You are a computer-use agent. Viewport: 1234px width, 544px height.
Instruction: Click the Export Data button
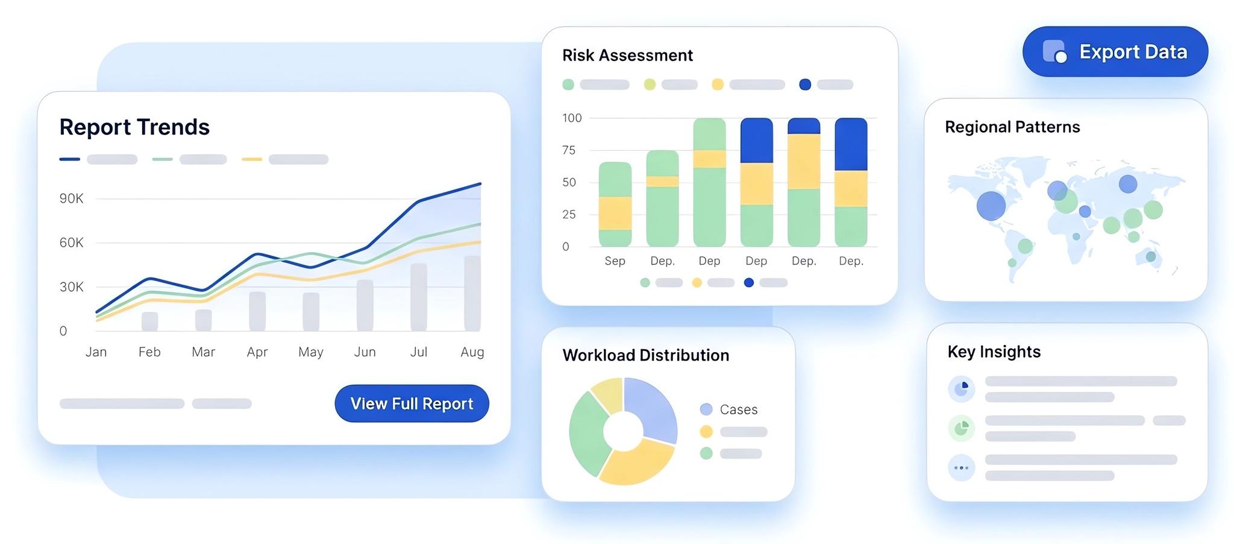tap(1115, 52)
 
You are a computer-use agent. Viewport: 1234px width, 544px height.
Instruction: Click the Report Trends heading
tap(134, 127)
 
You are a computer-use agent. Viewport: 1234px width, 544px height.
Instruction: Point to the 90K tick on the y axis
tap(71, 198)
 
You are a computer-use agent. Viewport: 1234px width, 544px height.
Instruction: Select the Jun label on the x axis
tap(365, 352)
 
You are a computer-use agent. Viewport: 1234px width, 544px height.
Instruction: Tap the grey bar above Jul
tap(419, 297)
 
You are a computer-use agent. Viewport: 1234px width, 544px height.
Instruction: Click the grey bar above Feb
tap(149, 321)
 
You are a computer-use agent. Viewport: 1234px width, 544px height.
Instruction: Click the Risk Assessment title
tap(627, 55)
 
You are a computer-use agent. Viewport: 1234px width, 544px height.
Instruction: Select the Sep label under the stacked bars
tap(615, 261)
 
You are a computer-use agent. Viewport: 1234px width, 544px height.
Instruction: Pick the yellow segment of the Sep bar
tap(615, 213)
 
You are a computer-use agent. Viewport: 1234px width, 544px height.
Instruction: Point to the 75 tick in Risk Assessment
tap(569, 150)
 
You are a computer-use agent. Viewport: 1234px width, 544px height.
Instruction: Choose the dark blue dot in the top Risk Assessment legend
tap(805, 84)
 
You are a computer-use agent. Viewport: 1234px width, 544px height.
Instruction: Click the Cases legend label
tap(738, 410)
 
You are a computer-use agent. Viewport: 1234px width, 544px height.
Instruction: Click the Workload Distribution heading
tap(645, 355)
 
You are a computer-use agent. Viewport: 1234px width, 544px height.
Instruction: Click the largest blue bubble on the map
tap(991, 206)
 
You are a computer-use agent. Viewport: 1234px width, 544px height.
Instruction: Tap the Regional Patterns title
tap(1012, 127)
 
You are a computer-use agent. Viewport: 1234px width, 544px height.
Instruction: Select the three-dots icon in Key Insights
tap(961, 467)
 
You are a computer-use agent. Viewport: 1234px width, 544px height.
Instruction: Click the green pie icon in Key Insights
tap(961, 428)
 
